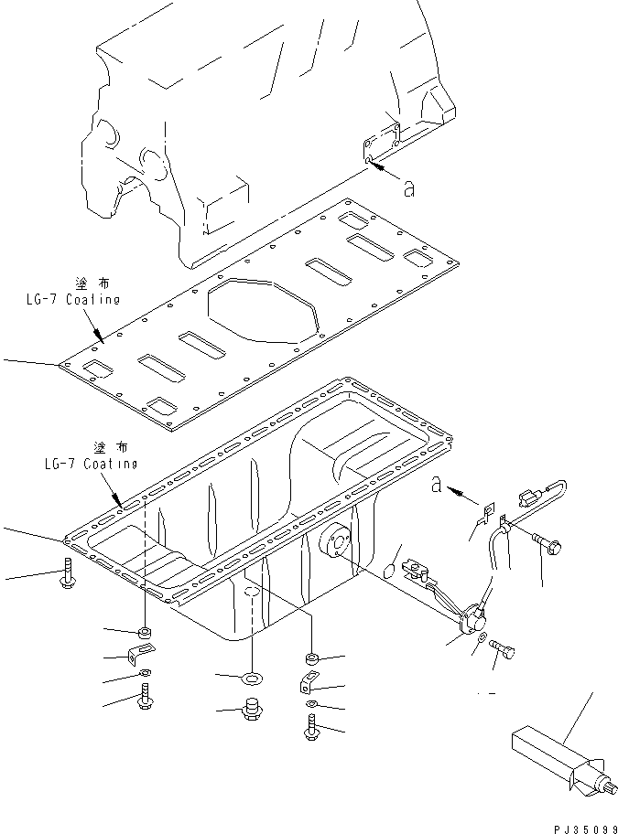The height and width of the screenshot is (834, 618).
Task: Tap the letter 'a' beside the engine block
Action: [409, 188]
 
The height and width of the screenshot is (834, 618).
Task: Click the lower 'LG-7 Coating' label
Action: [91, 464]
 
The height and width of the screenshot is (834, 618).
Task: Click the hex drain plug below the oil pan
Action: [250, 711]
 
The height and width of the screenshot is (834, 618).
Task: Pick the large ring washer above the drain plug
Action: [251, 678]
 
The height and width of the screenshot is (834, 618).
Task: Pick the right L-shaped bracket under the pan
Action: [308, 682]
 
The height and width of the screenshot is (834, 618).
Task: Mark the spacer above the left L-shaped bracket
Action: [145, 632]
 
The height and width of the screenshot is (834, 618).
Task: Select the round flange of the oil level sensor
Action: [474, 622]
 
